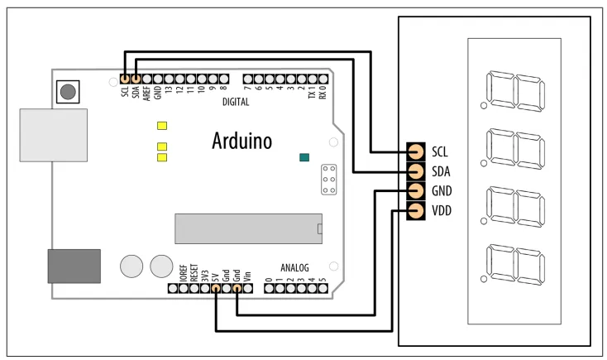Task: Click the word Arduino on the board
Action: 241,141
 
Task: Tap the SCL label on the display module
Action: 440,151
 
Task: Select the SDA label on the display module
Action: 441,171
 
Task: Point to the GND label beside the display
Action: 442,191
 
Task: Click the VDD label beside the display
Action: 442,211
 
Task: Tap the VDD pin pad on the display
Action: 415,211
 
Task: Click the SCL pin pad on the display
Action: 415,151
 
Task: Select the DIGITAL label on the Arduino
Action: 236,103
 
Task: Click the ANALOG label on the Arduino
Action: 294,268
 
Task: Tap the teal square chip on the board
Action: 305,157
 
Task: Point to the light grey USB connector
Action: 54,137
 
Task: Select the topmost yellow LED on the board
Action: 162,127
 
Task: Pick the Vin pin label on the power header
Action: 247,276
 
